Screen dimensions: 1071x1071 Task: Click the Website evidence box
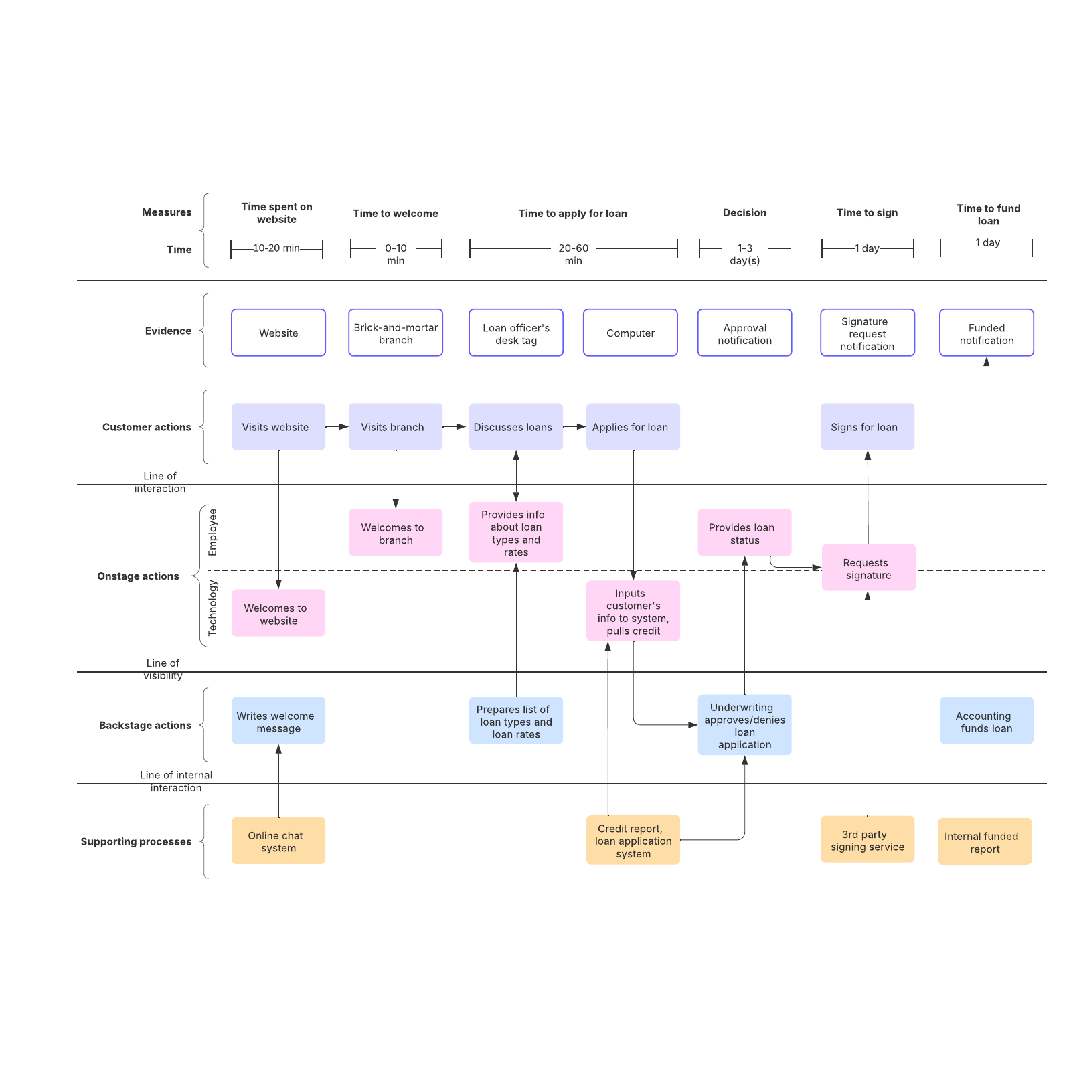(x=278, y=333)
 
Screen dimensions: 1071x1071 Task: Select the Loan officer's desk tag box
(x=516, y=333)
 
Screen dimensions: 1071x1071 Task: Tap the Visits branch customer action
(x=395, y=426)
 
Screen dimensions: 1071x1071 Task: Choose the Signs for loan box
(x=867, y=426)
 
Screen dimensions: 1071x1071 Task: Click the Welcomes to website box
(x=278, y=613)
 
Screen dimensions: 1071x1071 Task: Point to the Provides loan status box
(x=744, y=533)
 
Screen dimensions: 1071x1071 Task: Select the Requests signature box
(x=868, y=568)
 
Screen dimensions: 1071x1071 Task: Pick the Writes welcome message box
(x=278, y=721)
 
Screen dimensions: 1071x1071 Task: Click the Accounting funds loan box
(x=986, y=721)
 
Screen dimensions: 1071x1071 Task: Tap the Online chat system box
(x=278, y=841)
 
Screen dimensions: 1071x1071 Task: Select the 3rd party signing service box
(x=867, y=839)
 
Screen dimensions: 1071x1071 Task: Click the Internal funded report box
(x=984, y=841)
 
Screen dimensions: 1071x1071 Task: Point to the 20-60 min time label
(x=574, y=254)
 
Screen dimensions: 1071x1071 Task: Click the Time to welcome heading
(x=396, y=213)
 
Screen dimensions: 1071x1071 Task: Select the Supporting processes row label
(x=136, y=841)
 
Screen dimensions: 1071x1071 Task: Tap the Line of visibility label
(x=163, y=669)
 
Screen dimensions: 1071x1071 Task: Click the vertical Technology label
(x=212, y=608)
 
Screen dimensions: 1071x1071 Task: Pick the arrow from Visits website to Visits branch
(x=337, y=426)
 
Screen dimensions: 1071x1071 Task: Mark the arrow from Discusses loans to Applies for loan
(x=574, y=426)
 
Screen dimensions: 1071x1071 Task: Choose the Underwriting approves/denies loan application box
(x=744, y=725)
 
